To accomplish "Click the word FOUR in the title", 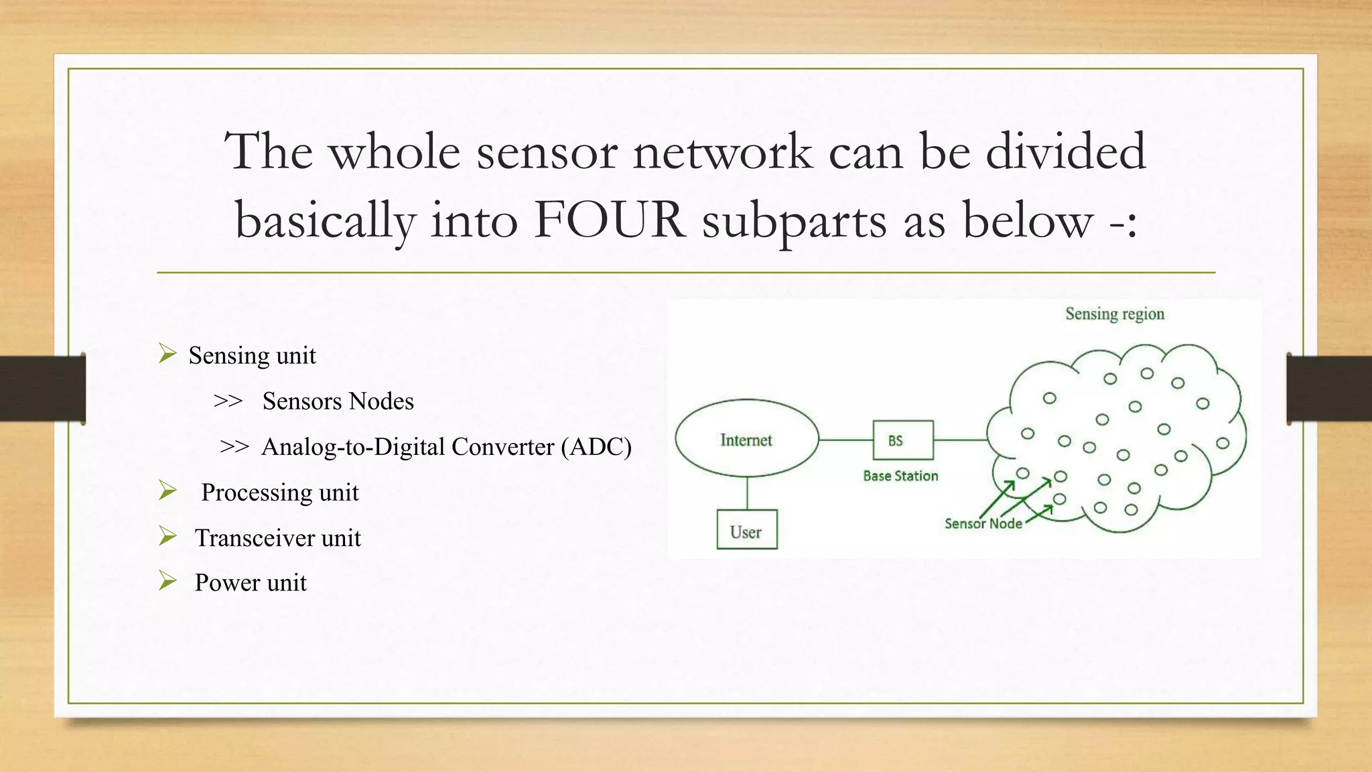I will [x=610, y=220].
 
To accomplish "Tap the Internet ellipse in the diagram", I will [x=746, y=439].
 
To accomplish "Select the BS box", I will [x=902, y=440].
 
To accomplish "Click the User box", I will [x=746, y=531].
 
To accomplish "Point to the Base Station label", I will [x=900, y=476].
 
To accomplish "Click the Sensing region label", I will [x=1114, y=314].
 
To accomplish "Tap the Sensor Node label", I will [x=983, y=523].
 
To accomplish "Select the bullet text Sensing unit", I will [x=252, y=355].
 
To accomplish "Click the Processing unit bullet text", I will [x=279, y=493].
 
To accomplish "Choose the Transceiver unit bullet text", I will [x=277, y=538].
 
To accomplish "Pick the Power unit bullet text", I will [x=250, y=582].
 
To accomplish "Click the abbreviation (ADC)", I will [x=596, y=446].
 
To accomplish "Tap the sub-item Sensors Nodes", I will [x=338, y=401].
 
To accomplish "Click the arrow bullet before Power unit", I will [x=167, y=580].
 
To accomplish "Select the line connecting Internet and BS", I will [x=845, y=440].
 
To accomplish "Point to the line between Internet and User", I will [x=747, y=493].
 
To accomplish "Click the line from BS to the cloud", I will [x=959, y=440].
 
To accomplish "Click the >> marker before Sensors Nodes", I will [x=228, y=401].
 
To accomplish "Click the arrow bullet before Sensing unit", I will [x=167, y=353].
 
